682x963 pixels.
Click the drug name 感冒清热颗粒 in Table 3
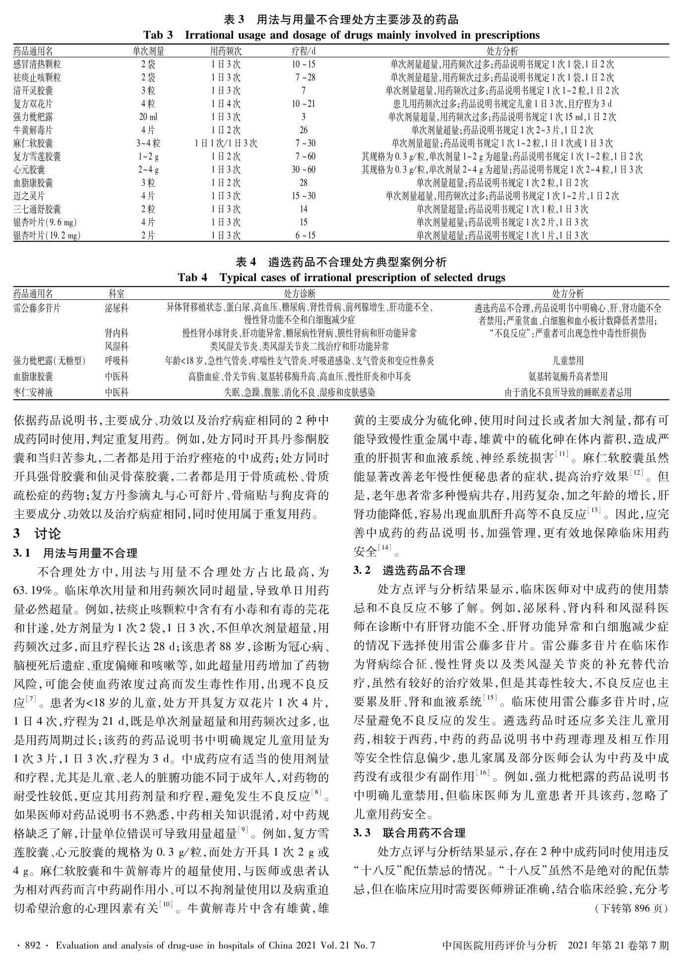point(37,65)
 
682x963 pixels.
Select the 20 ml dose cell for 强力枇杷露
point(148,117)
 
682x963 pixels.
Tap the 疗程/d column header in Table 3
point(304,52)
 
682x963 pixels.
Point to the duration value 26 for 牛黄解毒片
point(304,131)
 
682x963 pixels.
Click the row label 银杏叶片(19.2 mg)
point(47,236)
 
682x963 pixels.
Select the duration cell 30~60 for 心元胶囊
point(304,170)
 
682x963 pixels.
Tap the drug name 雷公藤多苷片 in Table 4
point(37,308)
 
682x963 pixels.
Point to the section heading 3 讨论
point(38,534)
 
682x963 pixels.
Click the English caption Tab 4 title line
point(341,277)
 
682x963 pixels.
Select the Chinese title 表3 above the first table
point(341,20)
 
